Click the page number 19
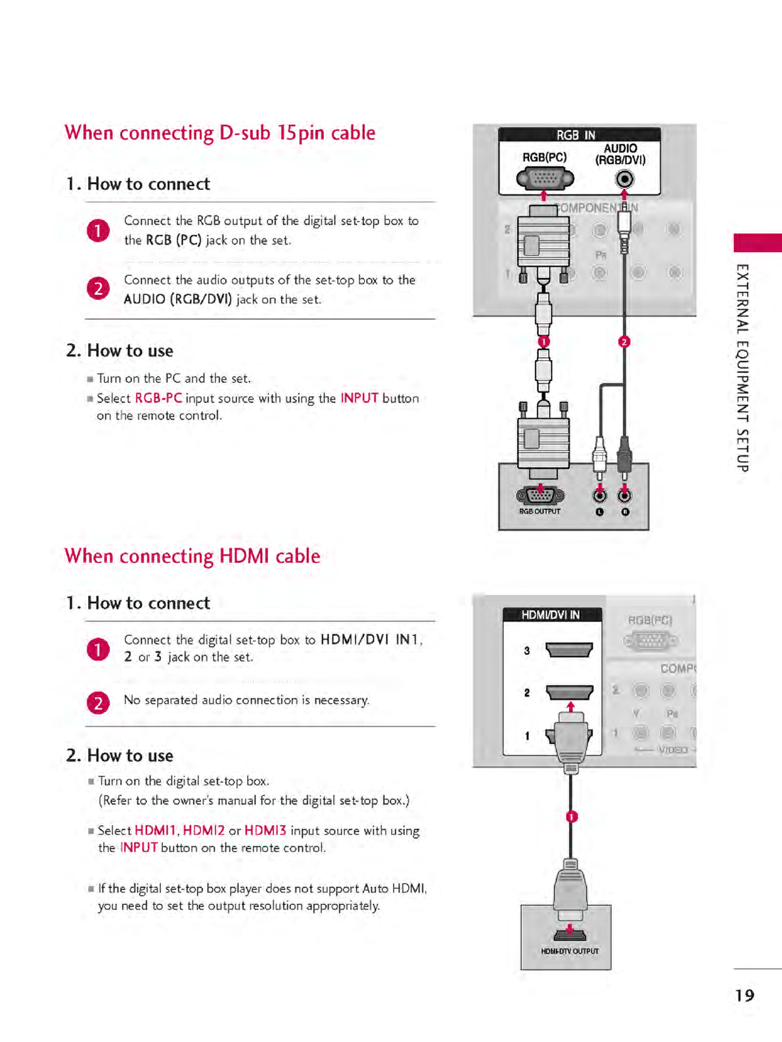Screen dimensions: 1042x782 click(745, 995)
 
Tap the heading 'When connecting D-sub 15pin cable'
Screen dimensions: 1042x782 click(219, 133)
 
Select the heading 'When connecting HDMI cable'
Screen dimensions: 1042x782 click(192, 556)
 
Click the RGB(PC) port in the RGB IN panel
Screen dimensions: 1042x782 click(545, 177)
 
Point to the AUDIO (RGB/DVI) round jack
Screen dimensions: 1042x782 click(624, 179)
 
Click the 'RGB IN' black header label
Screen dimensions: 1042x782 click(576, 135)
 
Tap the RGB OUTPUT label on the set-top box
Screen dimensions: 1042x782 click(540, 511)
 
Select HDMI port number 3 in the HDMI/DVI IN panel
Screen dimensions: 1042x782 click(569, 650)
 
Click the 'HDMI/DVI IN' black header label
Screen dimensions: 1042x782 click(551, 615)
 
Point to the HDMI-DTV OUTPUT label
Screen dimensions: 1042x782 click(570, 951)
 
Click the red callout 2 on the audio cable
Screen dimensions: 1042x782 click(624, 342)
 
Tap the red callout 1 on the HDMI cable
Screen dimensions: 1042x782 click(572, 817)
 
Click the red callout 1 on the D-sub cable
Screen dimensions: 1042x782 click(543, 342)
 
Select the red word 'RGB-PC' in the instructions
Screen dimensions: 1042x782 click(158, 398)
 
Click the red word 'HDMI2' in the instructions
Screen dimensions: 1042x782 click(204, 830)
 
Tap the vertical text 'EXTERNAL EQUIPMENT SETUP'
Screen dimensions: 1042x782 click(742, 368)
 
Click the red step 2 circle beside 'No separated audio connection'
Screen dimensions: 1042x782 click(98, 703)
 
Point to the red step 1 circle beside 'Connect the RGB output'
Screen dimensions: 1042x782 click(98, 231)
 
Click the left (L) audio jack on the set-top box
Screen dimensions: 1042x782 click(599, 495)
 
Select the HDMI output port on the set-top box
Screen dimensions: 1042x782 click(570, 935)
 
